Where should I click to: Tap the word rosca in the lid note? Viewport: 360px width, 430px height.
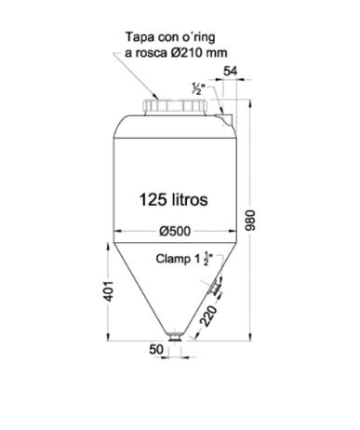151,53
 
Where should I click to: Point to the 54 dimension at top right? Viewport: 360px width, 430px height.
232,70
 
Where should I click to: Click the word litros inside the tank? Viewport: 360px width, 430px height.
197,199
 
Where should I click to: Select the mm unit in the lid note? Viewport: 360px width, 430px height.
219,53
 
